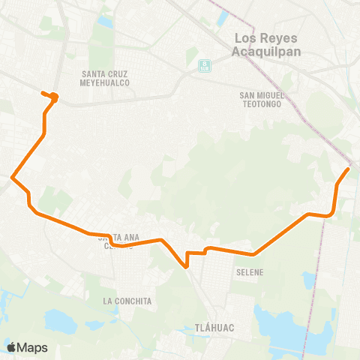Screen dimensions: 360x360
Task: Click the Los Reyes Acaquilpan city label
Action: click(x=265, y=44)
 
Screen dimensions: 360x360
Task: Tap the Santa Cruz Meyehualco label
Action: click(x=105, y=78)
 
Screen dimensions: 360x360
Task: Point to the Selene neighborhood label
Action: click(x=249, y=272)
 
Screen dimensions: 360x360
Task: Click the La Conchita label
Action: click(x=127, y=301)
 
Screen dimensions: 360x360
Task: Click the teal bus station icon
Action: click(x=204, y=66)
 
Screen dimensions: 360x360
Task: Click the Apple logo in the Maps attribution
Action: click(x=11, y=347)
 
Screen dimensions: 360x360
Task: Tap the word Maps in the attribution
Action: click(x=33, y=347)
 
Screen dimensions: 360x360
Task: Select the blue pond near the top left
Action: click(x=104, y=21)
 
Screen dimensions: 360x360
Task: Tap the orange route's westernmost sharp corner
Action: click(x=12, y=178)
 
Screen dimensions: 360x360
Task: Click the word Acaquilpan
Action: click(x=265, y=51)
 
